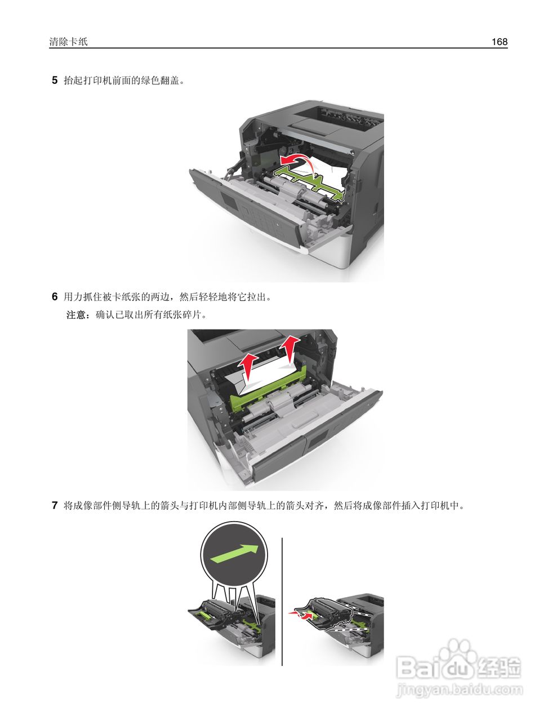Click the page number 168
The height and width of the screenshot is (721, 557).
[x=499, y=42]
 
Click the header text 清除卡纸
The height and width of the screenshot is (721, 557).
[x=68, y=42]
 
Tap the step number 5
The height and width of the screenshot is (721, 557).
[x=55, y=80]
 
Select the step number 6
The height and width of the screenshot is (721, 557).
[x=55, y=296]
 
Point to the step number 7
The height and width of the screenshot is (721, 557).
[x=55, y=505]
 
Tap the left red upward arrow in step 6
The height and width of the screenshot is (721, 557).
[x=248, y=366]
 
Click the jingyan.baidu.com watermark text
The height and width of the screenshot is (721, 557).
[x=460, y=689]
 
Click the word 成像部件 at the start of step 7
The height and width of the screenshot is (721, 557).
[x=93, y=505]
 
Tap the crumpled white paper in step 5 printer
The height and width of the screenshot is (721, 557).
[x=327, y=169]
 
